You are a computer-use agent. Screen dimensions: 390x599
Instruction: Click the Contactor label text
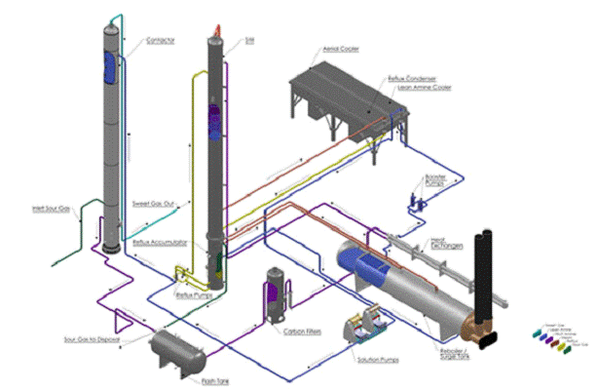pyautogui.click(x=160, y=41)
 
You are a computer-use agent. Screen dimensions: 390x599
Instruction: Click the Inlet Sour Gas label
pyautogui.click(x=52, y=207)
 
